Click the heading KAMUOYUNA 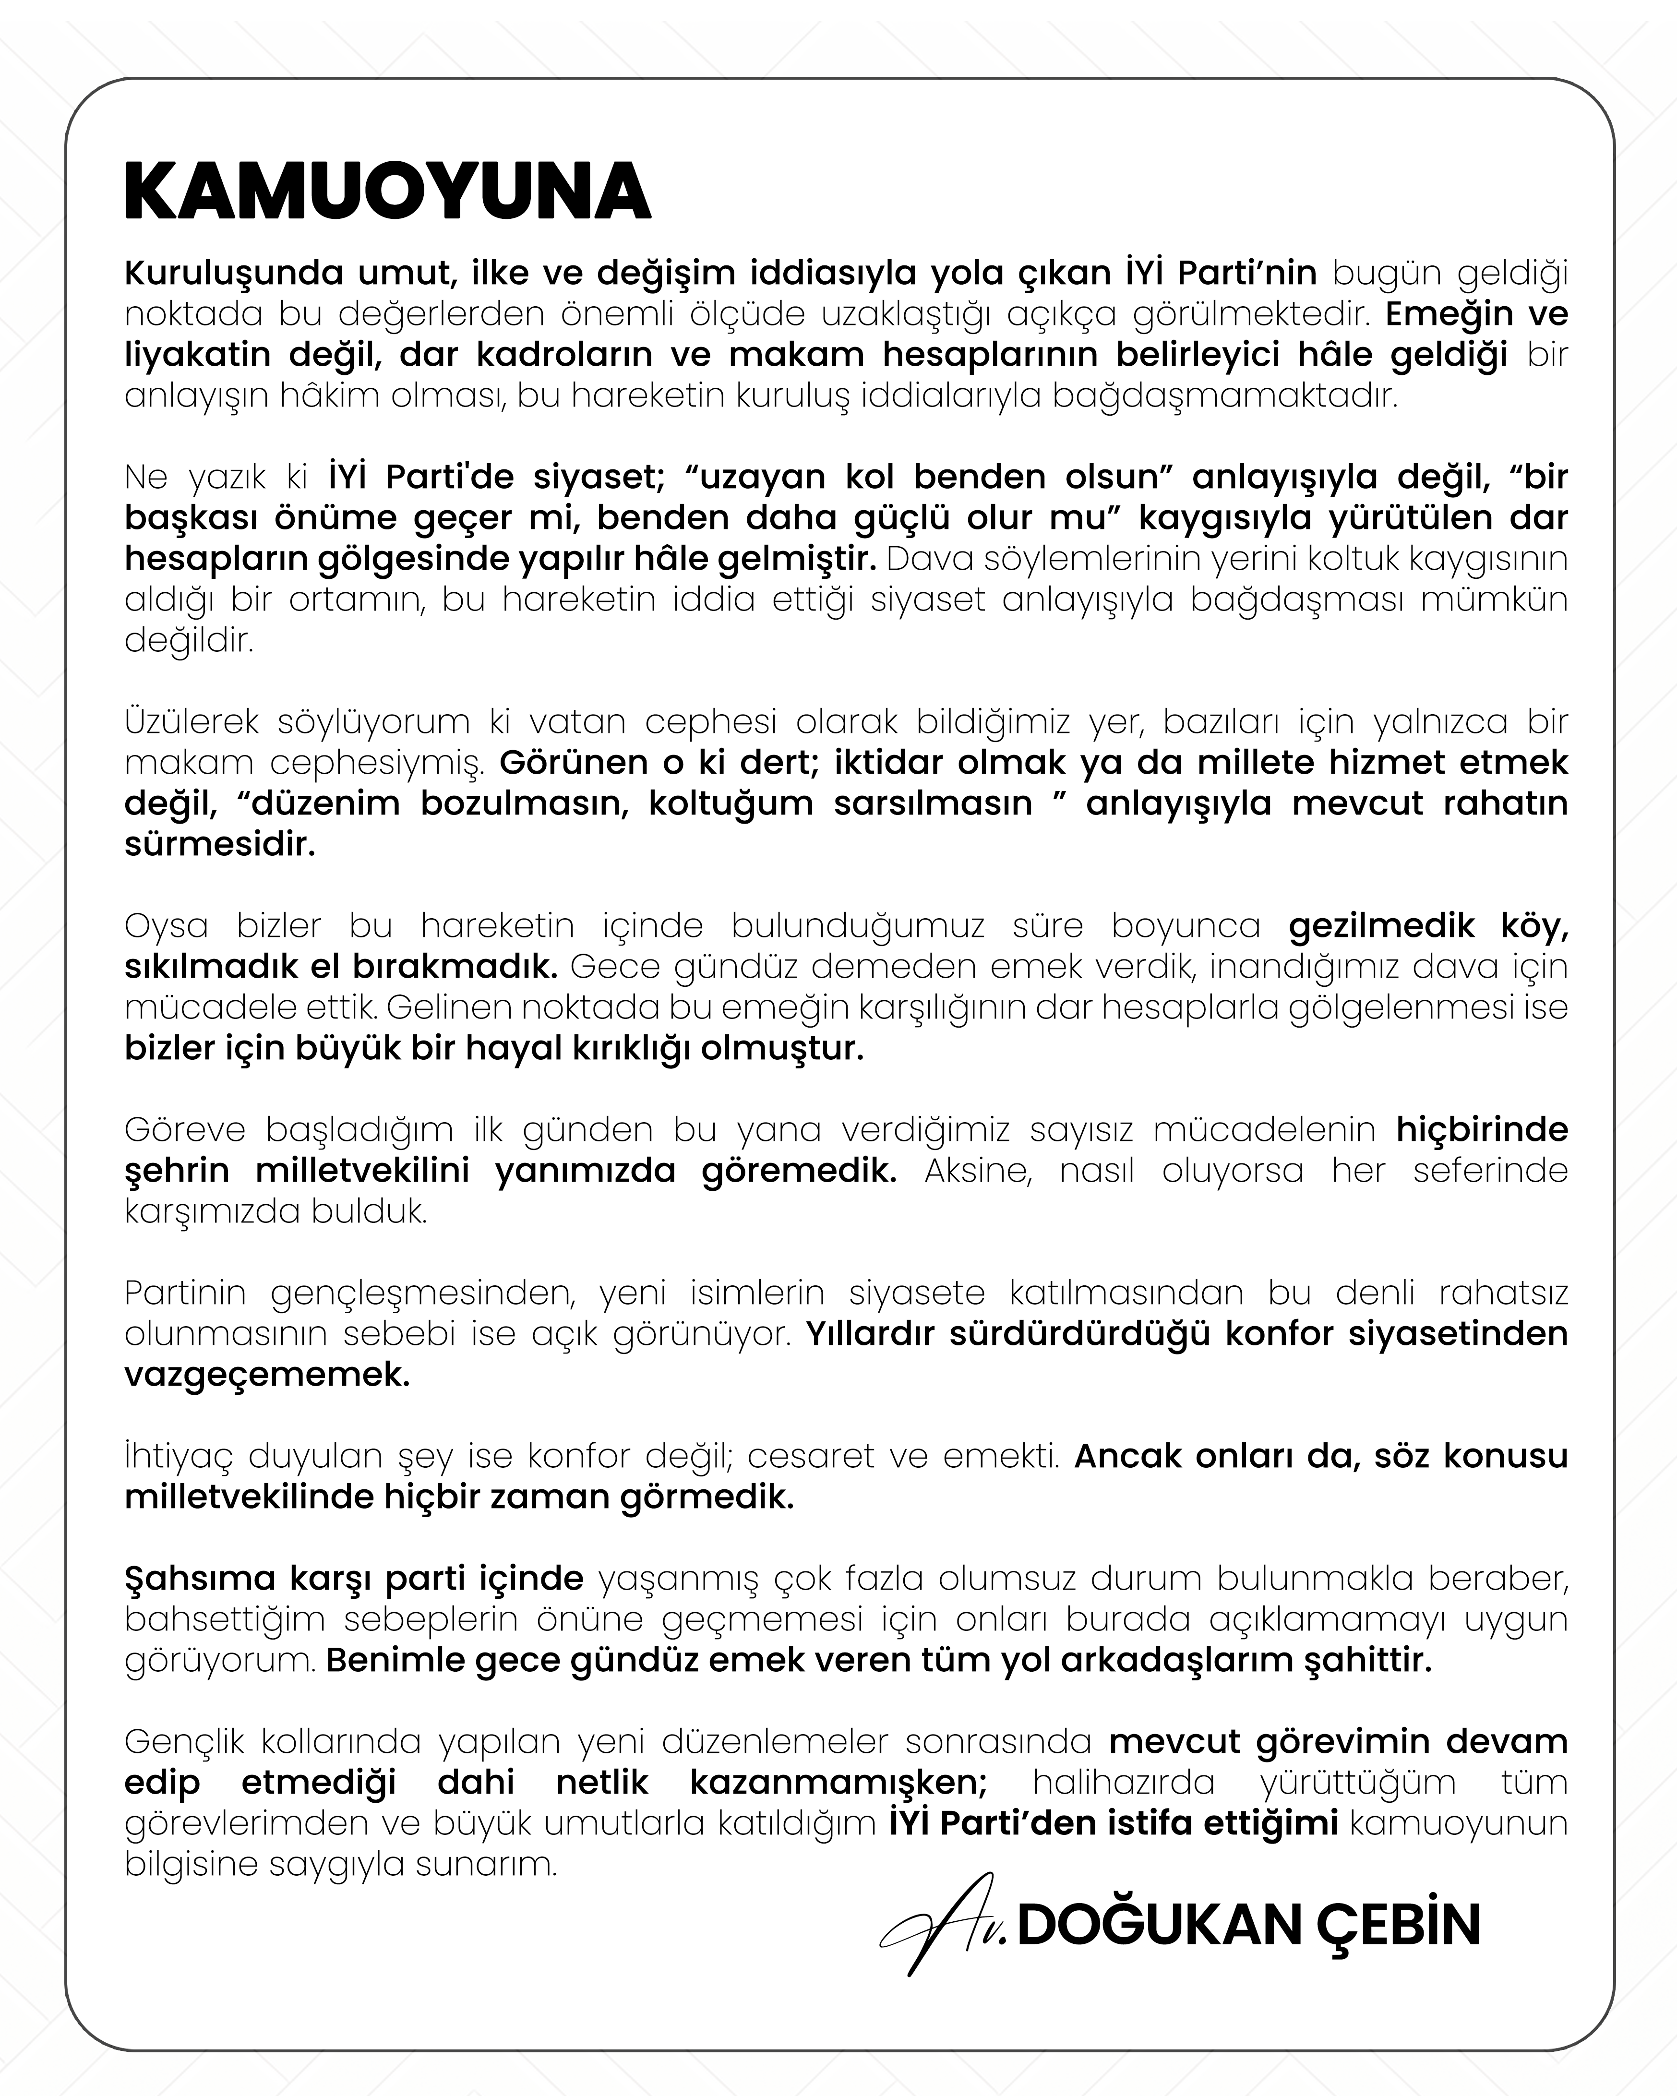(x=387, y=192)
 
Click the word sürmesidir (x=220, y=845)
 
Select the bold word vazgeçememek (x=267, y=1376)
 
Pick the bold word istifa (x=1150, y=1824)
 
